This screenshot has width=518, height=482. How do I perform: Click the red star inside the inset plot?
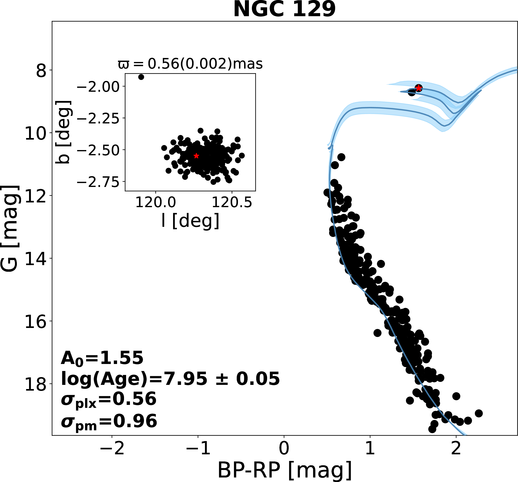(196, 156)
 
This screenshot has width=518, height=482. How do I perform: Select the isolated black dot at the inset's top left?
(141, 77)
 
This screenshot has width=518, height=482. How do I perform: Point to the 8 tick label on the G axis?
(41, 70)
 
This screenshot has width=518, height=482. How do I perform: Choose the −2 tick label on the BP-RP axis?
(112, 449)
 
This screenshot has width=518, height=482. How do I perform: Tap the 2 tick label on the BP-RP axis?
(456, 449)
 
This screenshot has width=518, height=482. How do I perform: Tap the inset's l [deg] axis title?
(190, 221)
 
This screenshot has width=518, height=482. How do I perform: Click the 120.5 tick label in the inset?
(232, 203)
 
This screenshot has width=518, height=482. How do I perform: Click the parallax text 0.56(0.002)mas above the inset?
(190, 64)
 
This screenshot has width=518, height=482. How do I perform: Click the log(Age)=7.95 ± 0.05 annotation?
(170, 379)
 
